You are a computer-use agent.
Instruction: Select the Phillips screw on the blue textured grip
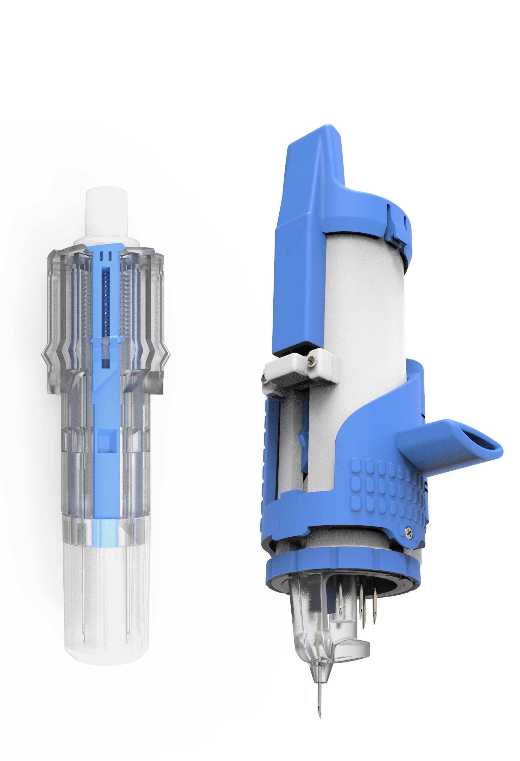[x=409, y=532]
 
